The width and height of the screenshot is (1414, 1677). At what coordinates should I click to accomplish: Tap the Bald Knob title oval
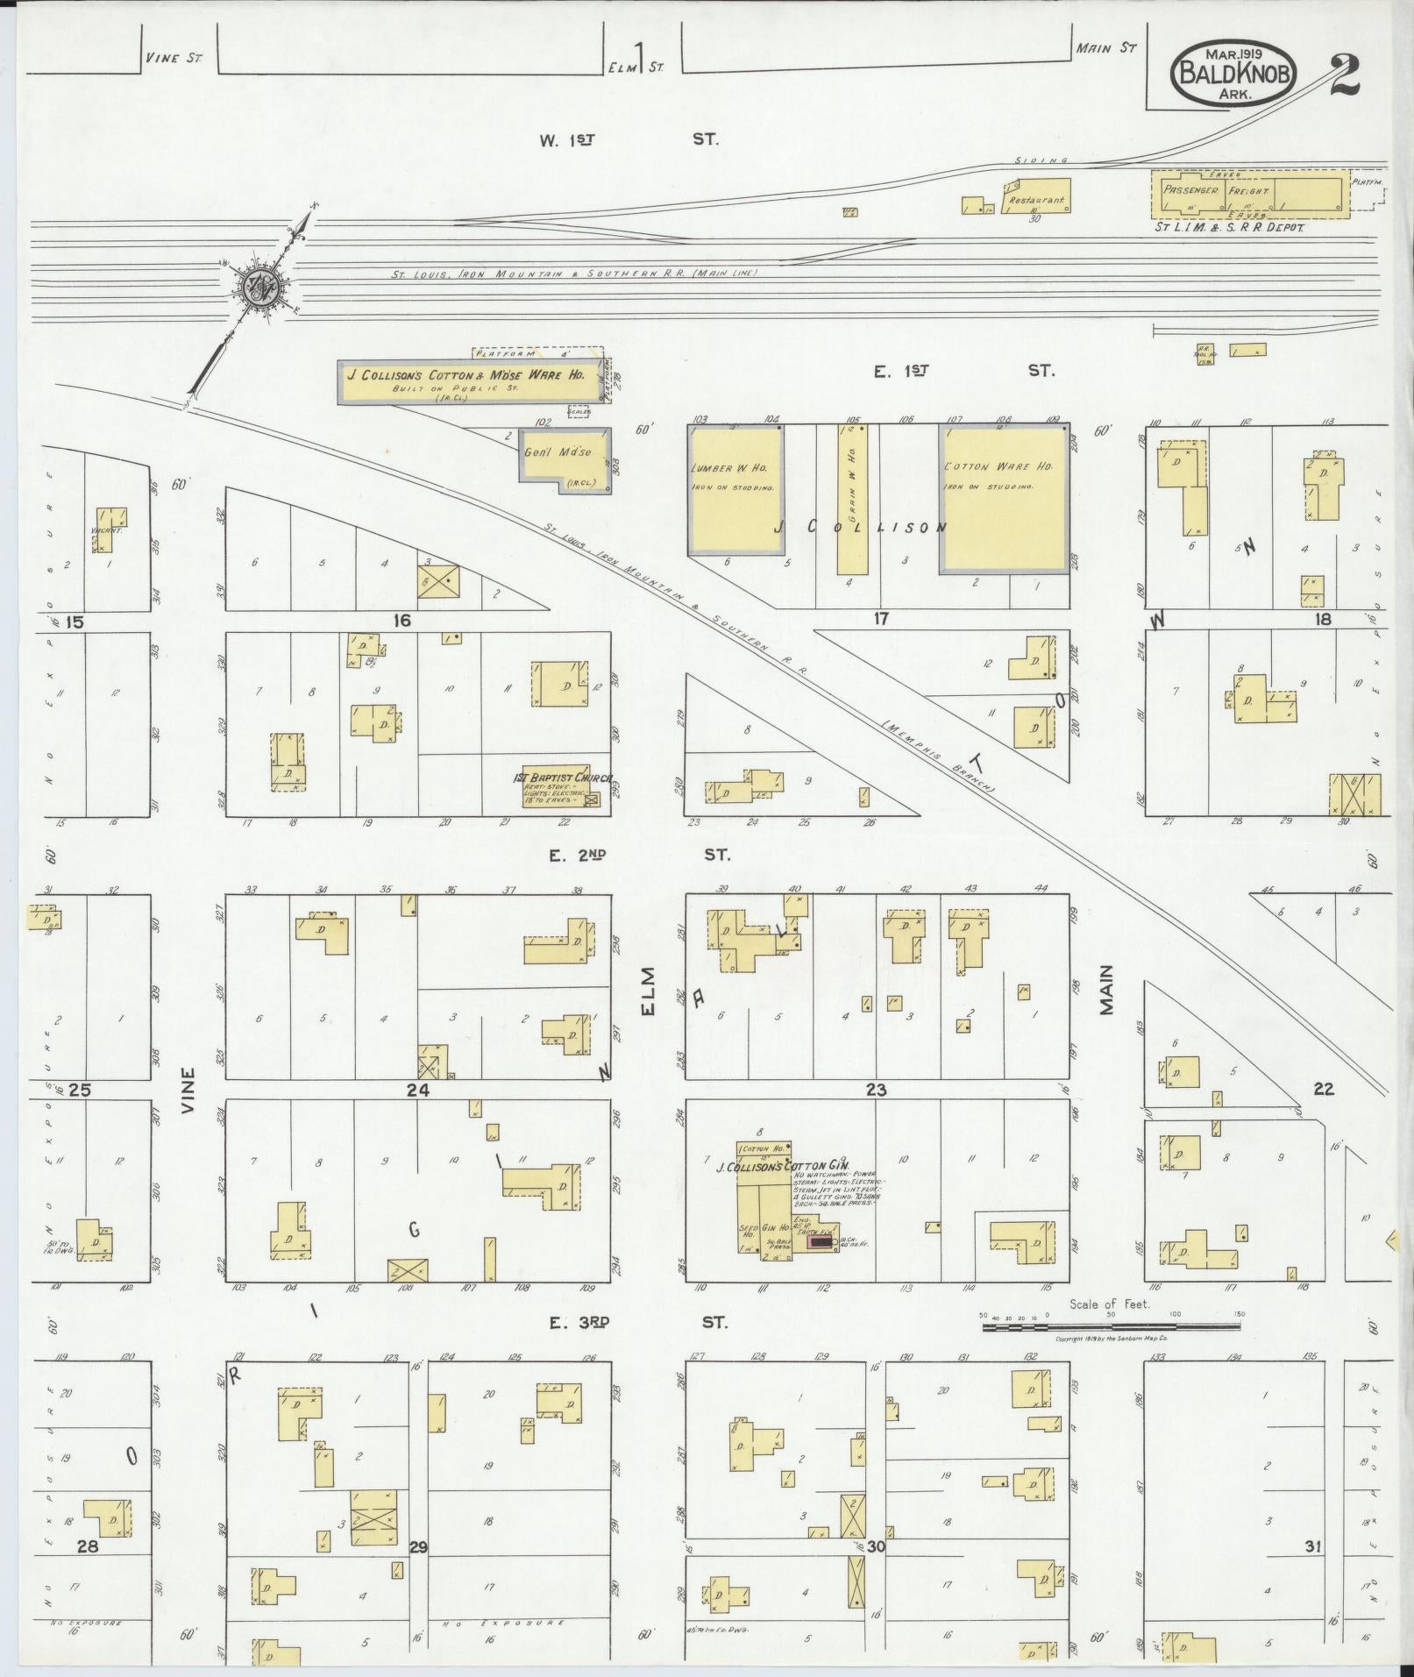[x=1233, y=73]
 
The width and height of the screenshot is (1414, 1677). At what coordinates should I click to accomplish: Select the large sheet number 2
[x=1343, y=77]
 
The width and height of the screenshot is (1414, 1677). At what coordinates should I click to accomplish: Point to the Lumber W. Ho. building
[x=735, y=490]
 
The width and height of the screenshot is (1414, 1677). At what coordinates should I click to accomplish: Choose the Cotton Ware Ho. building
[x=1005, y=498]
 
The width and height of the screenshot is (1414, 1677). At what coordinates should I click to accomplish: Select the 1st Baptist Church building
[x=561, y=787]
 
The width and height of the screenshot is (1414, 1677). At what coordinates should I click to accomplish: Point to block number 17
[x=880, y=620]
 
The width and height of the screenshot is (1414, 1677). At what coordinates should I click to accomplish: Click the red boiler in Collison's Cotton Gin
[x=819, y=1240]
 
